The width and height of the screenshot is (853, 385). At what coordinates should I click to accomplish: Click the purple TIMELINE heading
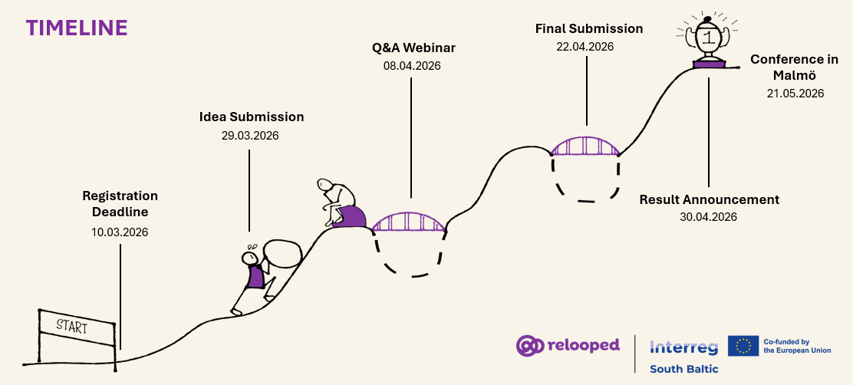point(77,28)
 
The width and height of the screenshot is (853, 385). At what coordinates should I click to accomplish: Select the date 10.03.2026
point(120,232)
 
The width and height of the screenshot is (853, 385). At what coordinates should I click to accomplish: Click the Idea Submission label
point(252,117)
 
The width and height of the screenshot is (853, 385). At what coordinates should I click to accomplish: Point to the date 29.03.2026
point(250,136)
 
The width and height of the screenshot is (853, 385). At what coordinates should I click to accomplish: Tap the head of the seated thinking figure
point(325,186)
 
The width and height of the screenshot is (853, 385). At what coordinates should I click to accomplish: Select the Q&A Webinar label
point(413,48)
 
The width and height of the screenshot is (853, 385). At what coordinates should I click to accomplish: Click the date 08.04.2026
point(412,66)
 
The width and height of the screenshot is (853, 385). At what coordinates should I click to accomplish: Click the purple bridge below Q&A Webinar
point(407,222)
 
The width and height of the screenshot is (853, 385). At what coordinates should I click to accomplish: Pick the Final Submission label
point(588,28)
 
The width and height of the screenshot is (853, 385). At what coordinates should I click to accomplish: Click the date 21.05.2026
point(795,94)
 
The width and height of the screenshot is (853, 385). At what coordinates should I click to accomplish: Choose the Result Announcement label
point(709,199)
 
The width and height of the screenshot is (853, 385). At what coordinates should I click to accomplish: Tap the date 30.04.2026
point(708,217)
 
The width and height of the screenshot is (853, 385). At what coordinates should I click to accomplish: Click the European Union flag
point(743,347)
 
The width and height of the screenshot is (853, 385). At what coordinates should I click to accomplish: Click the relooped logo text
point(583,345)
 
